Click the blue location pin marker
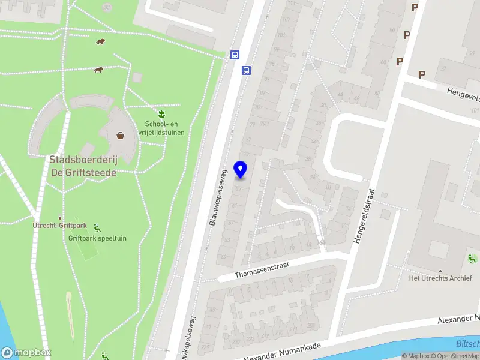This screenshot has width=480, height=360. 241,170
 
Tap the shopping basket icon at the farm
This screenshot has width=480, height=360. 121,135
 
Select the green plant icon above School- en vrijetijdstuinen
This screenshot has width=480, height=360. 161,113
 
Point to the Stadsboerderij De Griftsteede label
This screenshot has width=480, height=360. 83,166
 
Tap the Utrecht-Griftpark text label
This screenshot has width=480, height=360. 59,226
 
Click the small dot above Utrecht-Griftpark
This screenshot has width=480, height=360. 59,218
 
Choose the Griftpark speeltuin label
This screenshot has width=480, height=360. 97,238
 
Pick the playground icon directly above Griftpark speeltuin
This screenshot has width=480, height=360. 97,227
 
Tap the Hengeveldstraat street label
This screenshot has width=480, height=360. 364,217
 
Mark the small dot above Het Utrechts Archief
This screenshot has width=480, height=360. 440,271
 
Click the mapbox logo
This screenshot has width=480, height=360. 26,353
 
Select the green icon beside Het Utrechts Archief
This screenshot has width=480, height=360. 472,259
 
